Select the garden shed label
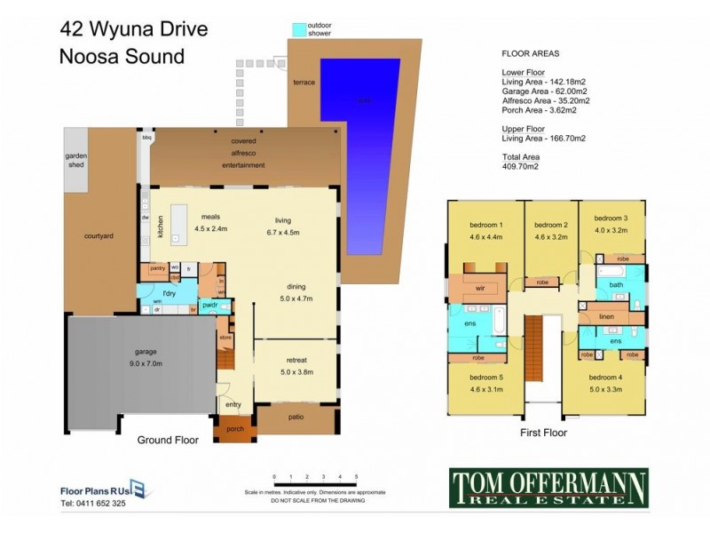click(x=75, y=159)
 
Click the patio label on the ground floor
click(x=296, y=416)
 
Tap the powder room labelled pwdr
click(x=210, y=306)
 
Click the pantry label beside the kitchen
click(x=159, y=266)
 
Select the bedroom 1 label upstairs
click(x=486, y=225)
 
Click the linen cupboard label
click(x=608, y=316)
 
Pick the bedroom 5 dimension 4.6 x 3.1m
click(x=485, y=387)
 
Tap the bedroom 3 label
click(x=611, y=219)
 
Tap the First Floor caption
click(x=543, y=434)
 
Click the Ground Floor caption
click(x=168, y=440)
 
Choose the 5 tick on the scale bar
click(x=356, y=478)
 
